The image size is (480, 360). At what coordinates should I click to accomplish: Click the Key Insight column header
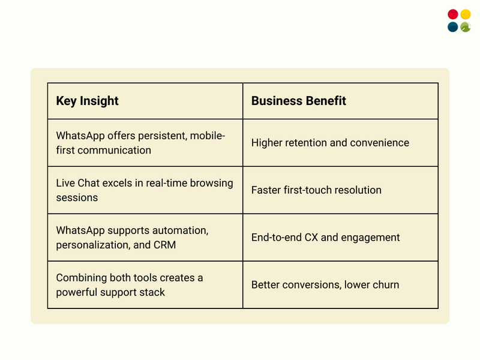click(x=88, y=101)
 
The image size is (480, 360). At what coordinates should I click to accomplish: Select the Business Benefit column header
click(x=298, y=101)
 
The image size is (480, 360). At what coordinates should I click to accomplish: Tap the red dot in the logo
click(x=453, y=14)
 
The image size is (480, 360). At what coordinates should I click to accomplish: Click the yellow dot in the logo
click(x=466, y=14)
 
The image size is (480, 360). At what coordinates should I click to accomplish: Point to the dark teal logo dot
click(x=453, y=27)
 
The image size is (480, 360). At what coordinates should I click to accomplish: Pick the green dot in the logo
click(x=466, y=27)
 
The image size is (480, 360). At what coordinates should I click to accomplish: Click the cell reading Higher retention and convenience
click(x=330, y=143)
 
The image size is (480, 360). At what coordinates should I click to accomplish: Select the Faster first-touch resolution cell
click(x=316, y=190)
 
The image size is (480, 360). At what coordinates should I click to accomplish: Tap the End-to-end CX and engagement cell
click(x=325, y=238)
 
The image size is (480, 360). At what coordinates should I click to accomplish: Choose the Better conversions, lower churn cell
click(x=325, y=285)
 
